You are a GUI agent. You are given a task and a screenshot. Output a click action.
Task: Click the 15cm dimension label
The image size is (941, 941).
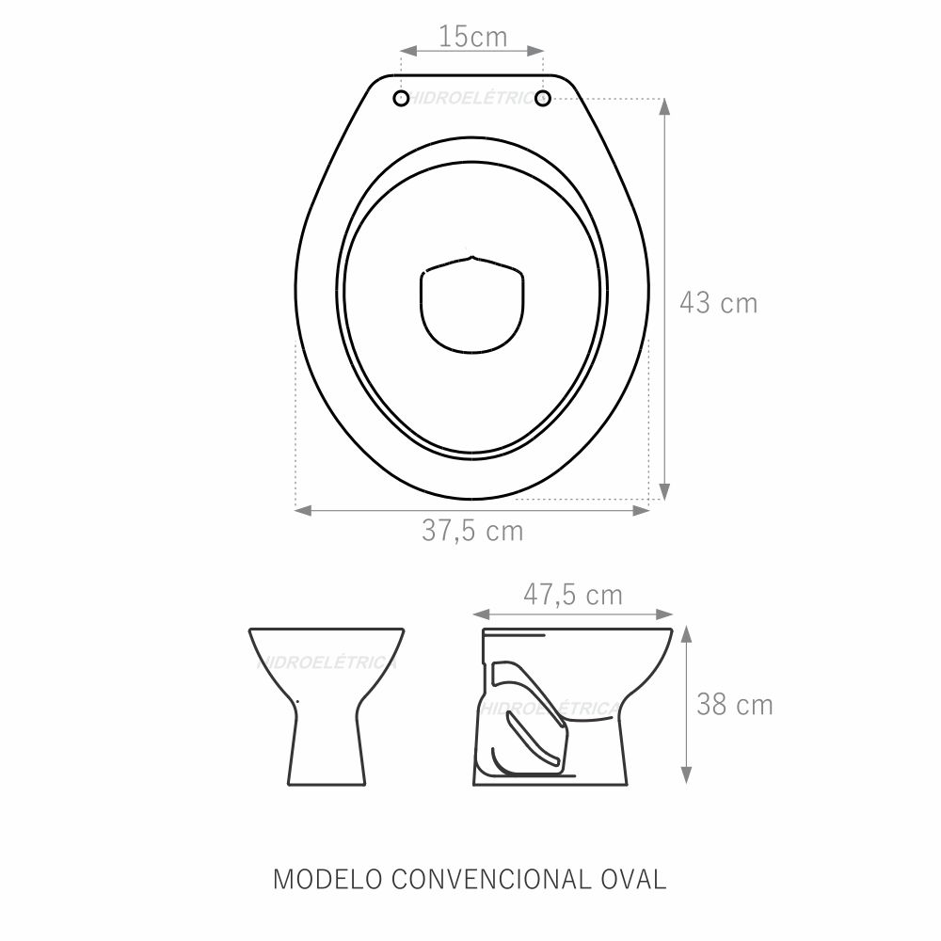473,37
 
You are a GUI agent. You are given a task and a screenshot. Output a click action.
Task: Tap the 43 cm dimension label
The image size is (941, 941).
718,302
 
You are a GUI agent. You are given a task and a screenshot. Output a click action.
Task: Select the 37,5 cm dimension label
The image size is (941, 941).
472,531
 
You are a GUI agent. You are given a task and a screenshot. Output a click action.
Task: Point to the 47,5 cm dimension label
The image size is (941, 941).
573,595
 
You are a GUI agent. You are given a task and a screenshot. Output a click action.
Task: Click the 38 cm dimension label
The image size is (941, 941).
735,705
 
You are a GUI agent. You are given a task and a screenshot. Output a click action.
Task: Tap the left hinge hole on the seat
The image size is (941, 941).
402,99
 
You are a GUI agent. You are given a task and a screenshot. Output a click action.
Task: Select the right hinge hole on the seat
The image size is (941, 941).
543,99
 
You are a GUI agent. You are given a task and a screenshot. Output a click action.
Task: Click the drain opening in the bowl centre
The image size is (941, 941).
472,304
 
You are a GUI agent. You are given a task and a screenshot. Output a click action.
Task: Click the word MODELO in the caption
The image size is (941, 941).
327,879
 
